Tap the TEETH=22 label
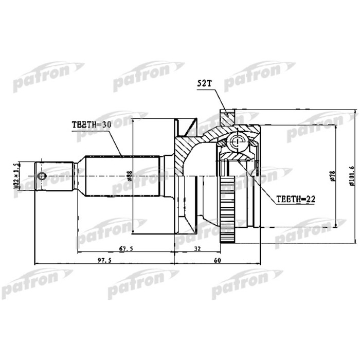click(295, 199)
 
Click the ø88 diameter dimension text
click(130, 176)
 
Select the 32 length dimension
click(198, 249)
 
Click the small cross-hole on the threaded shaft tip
click(42, 176)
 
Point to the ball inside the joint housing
click(237, 142)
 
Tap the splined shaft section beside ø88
click(121, 175)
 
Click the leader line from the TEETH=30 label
click(116, 142)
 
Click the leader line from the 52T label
click(219, 100)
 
